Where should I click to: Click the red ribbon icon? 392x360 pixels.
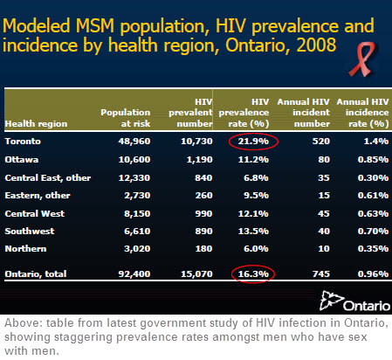(x=362, y=59)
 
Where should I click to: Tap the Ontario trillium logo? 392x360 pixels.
(x=354, y=301)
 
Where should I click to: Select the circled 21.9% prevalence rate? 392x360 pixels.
(x=253, y=142)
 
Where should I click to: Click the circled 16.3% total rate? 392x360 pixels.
(x=253, y=274)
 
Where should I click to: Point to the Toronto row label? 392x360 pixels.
(x=23, y=142)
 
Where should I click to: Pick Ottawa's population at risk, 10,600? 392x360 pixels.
(x=134, y=160)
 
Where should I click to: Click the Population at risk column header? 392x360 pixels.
(x=126, y=118)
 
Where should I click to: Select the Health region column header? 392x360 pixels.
(x=36, y=124)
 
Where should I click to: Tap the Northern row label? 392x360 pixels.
(x=25, y=249)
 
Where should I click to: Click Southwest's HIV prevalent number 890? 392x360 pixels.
(x=203, y=232)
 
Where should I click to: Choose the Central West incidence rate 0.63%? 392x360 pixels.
(x=373, y=214)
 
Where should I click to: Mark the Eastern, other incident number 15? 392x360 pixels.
(x=324, y=196)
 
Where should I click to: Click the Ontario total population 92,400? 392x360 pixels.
(x=134, y=274)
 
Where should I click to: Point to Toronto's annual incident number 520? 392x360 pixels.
(x=321, y=142)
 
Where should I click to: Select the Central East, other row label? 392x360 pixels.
(x=48, y=178)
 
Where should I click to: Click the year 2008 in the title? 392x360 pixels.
(x=316, y=45)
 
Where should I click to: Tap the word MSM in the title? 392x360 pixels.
(x=95, y=25)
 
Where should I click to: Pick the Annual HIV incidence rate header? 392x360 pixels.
(x=362, y=113)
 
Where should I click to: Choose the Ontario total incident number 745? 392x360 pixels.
(x=321, y=274)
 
